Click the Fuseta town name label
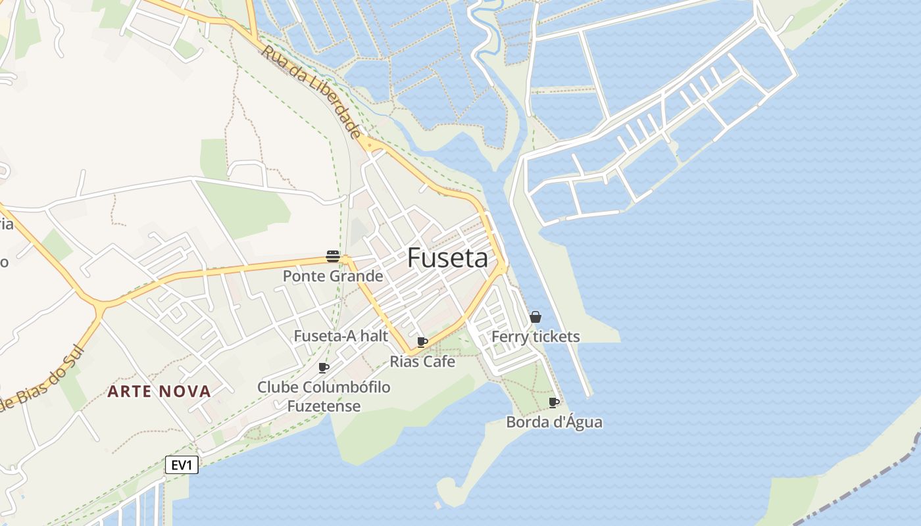tap(447, 258)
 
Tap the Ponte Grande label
tap(333, 276)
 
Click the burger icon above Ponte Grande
tap(333, 256)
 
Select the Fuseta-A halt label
tap(341, 336)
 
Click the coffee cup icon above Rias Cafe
tap(422, 342)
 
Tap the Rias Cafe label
tap(422, 362)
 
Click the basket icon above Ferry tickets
tap(535, 317)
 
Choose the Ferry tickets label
tap(535, 337)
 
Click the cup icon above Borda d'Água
tap(554, 402)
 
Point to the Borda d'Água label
tap(554, 422)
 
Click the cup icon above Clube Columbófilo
tap(323, 368)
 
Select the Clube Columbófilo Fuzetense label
tap(324, 396)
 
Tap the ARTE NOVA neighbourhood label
tap(159, 392)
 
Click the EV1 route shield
tap(182, 466)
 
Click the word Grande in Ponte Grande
tap(358, 276)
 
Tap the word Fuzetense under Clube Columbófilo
tap(324, 406)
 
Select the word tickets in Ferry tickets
tap(557, 337)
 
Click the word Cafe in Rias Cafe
tap(439, 362)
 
